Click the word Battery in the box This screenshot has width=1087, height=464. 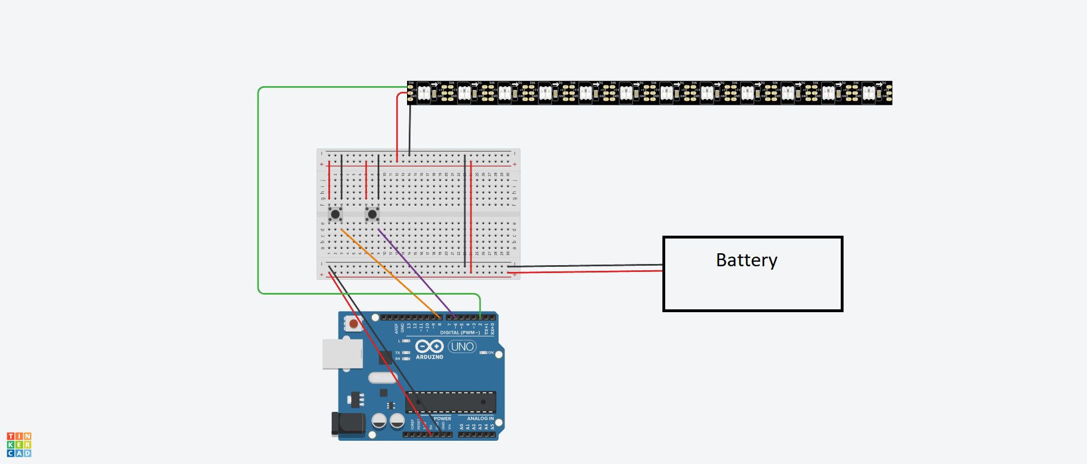tap(746, 260)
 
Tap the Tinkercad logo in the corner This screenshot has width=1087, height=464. tap(19, 445)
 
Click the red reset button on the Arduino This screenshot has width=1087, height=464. tap(353, 323)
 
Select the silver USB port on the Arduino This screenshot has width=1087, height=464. tap(342, 354)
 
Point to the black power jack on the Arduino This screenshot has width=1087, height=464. tap(349, 424)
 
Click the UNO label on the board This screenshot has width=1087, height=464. tap(463, 347)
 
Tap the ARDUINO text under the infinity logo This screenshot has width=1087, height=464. tap(429, 357)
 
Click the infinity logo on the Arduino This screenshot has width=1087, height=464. tap(429, 346)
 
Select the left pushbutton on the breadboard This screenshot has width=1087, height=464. tap(335, 214)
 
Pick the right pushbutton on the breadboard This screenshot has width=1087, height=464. tap(372, 214)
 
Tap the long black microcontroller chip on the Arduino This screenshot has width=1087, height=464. tap(451, 402)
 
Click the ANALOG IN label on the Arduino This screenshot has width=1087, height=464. tap(480, 419)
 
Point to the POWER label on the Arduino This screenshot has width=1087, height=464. tap(442, 419)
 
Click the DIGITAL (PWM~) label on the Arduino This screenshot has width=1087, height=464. tap(460, 333)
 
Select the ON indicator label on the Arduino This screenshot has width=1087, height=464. tap(490, 353)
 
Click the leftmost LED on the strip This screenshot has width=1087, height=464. tap(423, 93)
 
